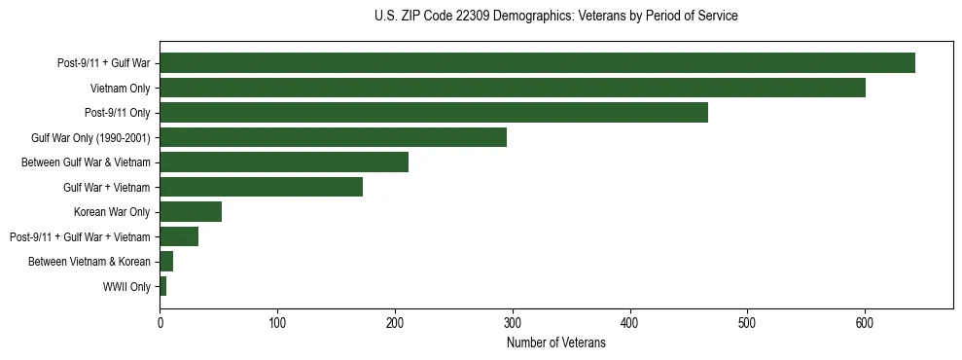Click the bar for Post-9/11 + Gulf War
(x=537, y=63)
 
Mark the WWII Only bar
(x=163, y=286)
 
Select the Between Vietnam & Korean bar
(x=166, y=262)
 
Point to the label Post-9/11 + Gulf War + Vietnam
(x=80, y=237)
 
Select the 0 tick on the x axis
(x=160, y=323)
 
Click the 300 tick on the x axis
(x=513, y=323)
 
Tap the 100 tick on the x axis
(x=277, y=323)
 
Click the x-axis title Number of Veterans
(x=555, y=342)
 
